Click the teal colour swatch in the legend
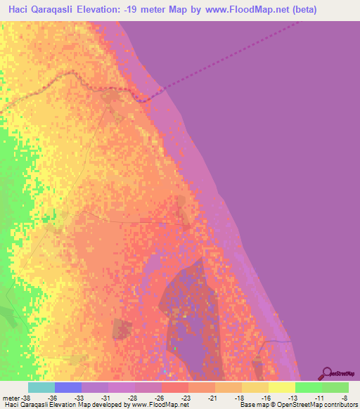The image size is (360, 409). pyautogui.click(x=41, y=387)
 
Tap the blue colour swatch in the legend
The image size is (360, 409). pyautogui.click(x=67, y=387)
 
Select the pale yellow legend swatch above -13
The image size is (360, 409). pyautogui.click(x=281, y=387)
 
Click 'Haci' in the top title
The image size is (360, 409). pyautogui.click(x=21, y=10)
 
